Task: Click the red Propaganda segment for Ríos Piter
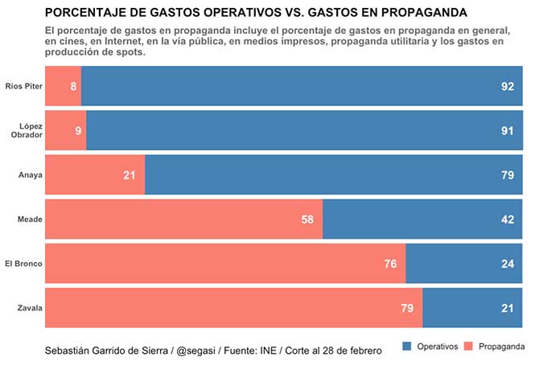(x=63, y=86)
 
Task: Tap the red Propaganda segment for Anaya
(x=95, y=174)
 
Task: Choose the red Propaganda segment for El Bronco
(x=225, y=264)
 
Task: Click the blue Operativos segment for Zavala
(x=473, y=308)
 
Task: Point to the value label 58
(x=307, y=219)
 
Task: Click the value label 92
(x=508, y=86)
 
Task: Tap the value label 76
(x=390, y=264)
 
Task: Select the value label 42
(x=508, y=219)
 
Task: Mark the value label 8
(x=73, y=86)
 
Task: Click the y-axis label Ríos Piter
(x=23, y=86)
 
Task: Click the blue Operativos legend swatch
(x=405, y=347)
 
